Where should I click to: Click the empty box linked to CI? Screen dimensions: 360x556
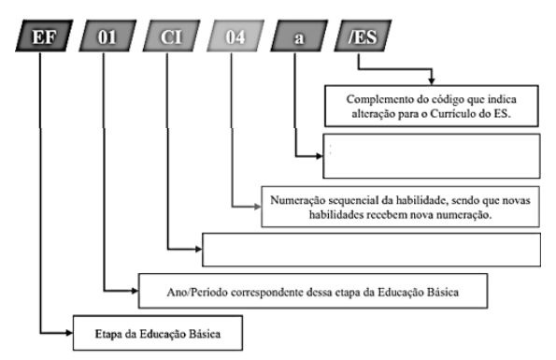(x=371, y=250)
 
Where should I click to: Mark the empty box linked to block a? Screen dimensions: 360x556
(x=431, y=156)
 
